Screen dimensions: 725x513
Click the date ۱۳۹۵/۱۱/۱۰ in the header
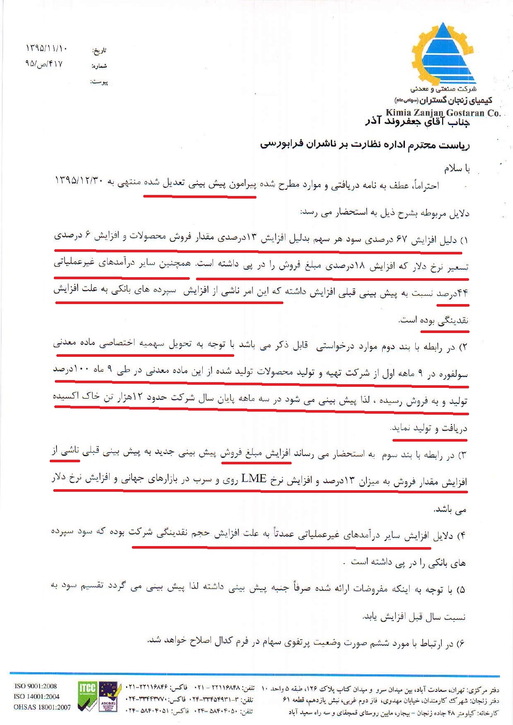pos(47,49)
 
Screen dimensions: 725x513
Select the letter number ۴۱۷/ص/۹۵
pos(43,64)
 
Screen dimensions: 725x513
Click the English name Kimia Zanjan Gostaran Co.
pos(443,112)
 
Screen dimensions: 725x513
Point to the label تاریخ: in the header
pos(99,51)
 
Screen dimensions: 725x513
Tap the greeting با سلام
pos(456,168)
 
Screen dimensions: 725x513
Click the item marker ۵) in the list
pos(461,589)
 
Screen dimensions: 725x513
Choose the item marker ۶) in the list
pos(460,643)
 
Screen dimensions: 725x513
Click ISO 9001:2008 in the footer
pos(35,686)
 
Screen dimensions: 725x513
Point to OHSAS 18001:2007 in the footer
pos(42,707)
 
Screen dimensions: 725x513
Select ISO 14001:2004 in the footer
pos(36,697)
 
